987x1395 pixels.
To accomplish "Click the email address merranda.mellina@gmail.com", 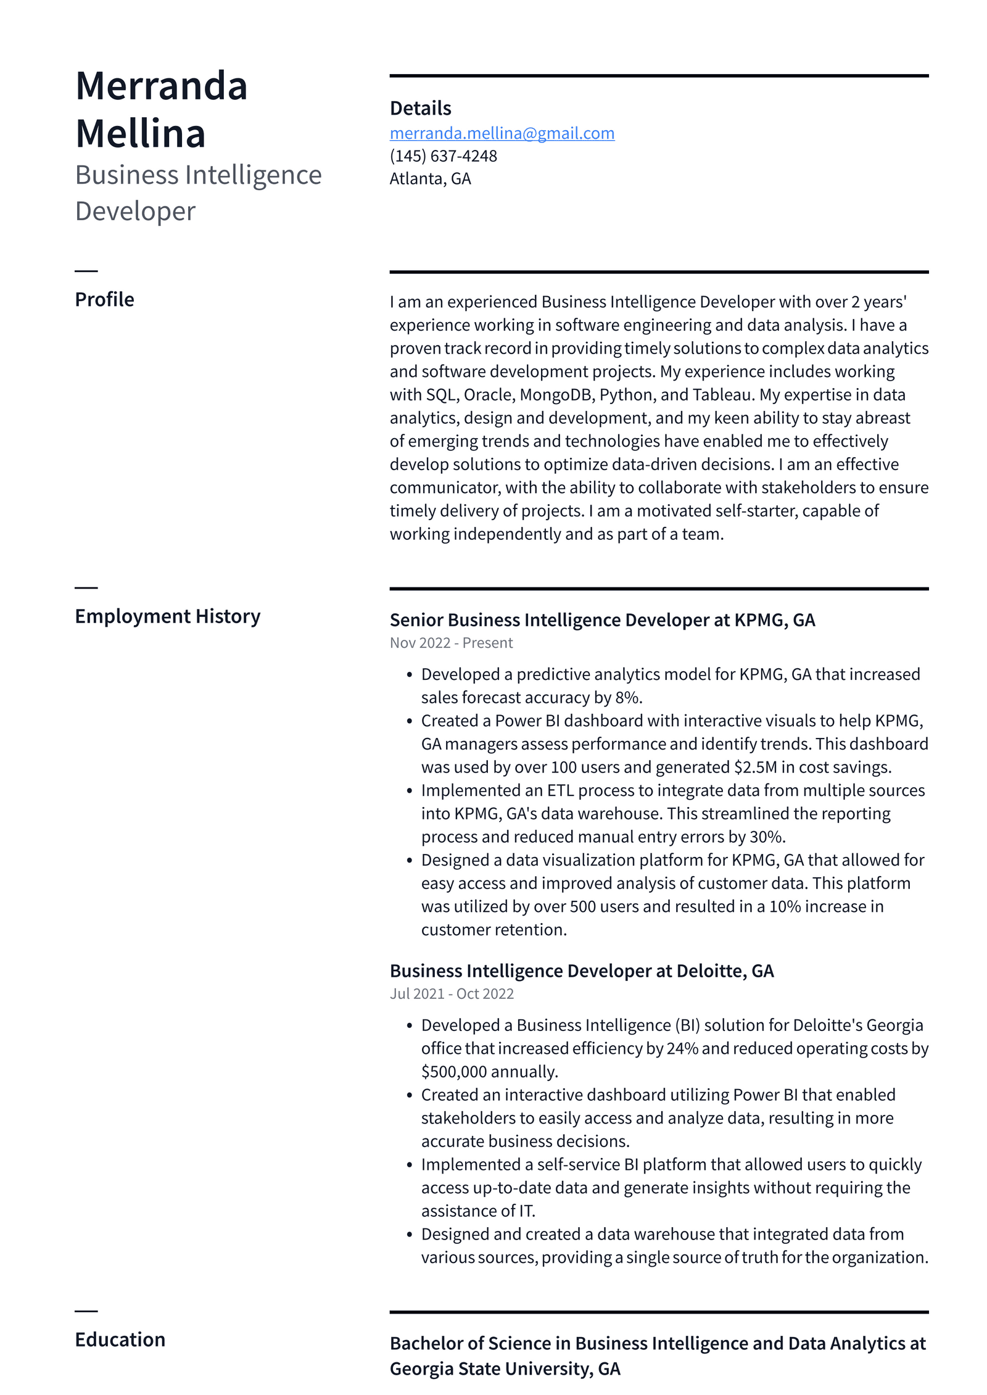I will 502,133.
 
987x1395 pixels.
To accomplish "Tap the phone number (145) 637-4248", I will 443,156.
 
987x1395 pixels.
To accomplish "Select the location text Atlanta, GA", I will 430,179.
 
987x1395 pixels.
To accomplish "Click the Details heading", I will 420,109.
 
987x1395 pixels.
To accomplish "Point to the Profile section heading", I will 104,300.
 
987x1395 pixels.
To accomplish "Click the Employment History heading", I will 167,616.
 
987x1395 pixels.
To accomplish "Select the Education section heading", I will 120,1340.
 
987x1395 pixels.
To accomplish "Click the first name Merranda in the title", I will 161,86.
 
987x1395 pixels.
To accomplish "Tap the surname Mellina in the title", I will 140,134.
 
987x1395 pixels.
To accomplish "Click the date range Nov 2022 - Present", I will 451,643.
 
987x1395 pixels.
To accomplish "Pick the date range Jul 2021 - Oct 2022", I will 452,994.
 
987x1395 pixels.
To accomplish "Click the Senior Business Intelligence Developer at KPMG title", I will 602,620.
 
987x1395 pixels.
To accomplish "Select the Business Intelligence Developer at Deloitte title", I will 581,971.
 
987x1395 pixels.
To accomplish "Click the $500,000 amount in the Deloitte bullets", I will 454,1072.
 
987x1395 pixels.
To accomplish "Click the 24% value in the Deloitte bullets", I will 682,1049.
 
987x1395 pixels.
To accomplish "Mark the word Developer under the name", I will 135,212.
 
